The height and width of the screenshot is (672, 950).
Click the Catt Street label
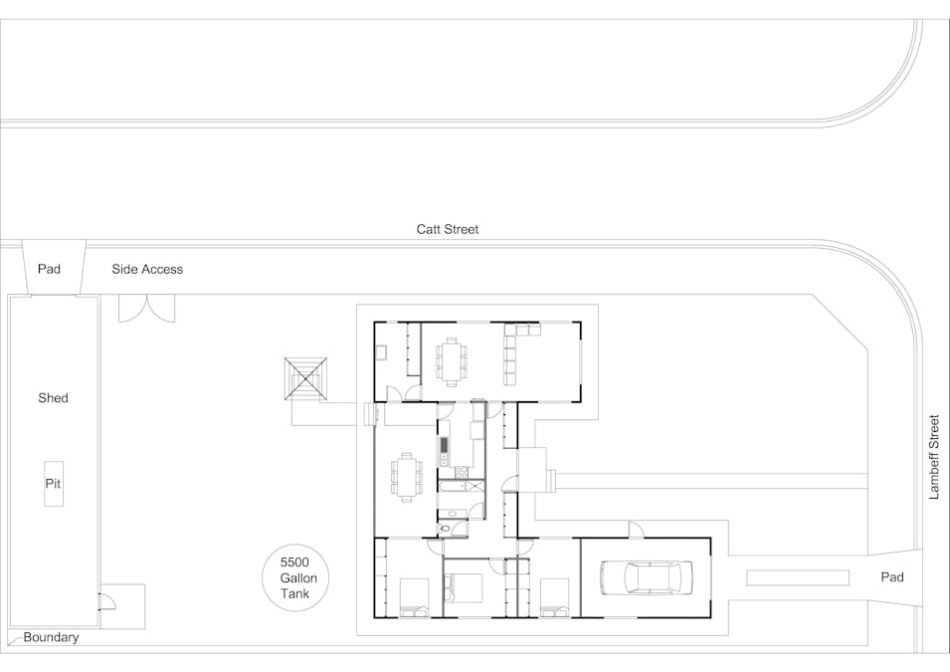click(447, 229)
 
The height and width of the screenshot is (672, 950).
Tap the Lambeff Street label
click(934, 457)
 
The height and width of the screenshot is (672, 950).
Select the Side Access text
click(147, 269)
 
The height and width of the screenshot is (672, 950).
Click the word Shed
click(54, 398)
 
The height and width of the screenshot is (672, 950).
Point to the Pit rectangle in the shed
click(54, 484)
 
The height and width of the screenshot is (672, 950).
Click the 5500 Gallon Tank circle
click(296, 577)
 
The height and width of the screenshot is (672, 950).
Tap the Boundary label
click(51, 637)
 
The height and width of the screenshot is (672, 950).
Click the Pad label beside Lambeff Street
click(892, 576)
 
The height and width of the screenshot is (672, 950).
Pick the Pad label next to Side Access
click(49, 269)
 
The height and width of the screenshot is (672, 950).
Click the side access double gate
click(146, 308)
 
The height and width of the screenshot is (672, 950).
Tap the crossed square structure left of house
click(306, 379)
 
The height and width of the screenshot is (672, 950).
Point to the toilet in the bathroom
click(447, 530)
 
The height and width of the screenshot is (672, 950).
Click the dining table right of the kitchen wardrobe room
click(452, 361)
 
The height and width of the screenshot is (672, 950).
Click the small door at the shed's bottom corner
click(106, 600)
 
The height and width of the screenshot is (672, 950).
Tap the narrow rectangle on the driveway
click(798, 577)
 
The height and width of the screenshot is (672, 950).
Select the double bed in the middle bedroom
click(464, 587)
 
